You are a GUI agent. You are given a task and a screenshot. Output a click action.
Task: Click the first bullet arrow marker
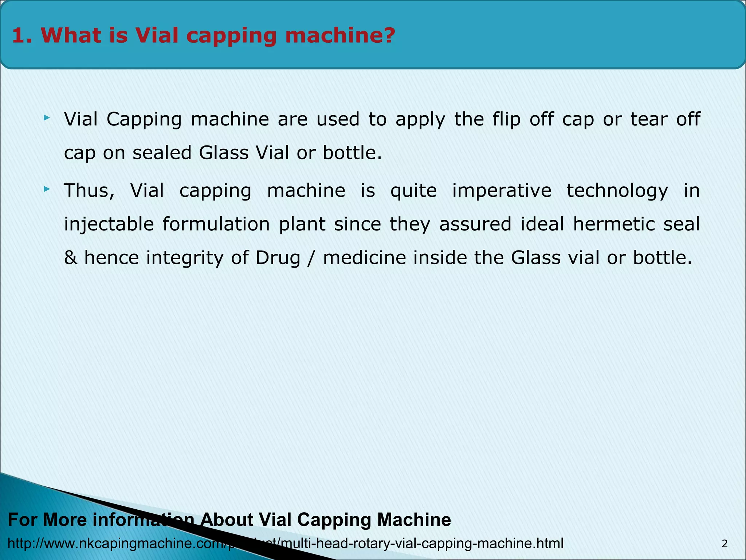(x=46, y=117)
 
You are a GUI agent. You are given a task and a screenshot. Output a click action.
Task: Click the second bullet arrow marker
(x=46, y=189)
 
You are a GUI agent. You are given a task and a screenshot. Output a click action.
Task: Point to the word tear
(x=649, y=119)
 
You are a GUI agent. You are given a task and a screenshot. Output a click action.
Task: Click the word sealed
(x=162, y=152)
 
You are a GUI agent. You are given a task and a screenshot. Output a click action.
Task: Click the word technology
(x=617, y=191)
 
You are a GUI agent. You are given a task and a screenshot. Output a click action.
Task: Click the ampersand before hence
(x=70, y=258)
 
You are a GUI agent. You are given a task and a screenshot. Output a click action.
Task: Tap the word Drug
(x=278, y=258)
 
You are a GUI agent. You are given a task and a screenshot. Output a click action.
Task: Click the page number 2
(x=725, y=544)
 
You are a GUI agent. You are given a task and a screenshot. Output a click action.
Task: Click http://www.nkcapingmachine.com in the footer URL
(x=117, y=543)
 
